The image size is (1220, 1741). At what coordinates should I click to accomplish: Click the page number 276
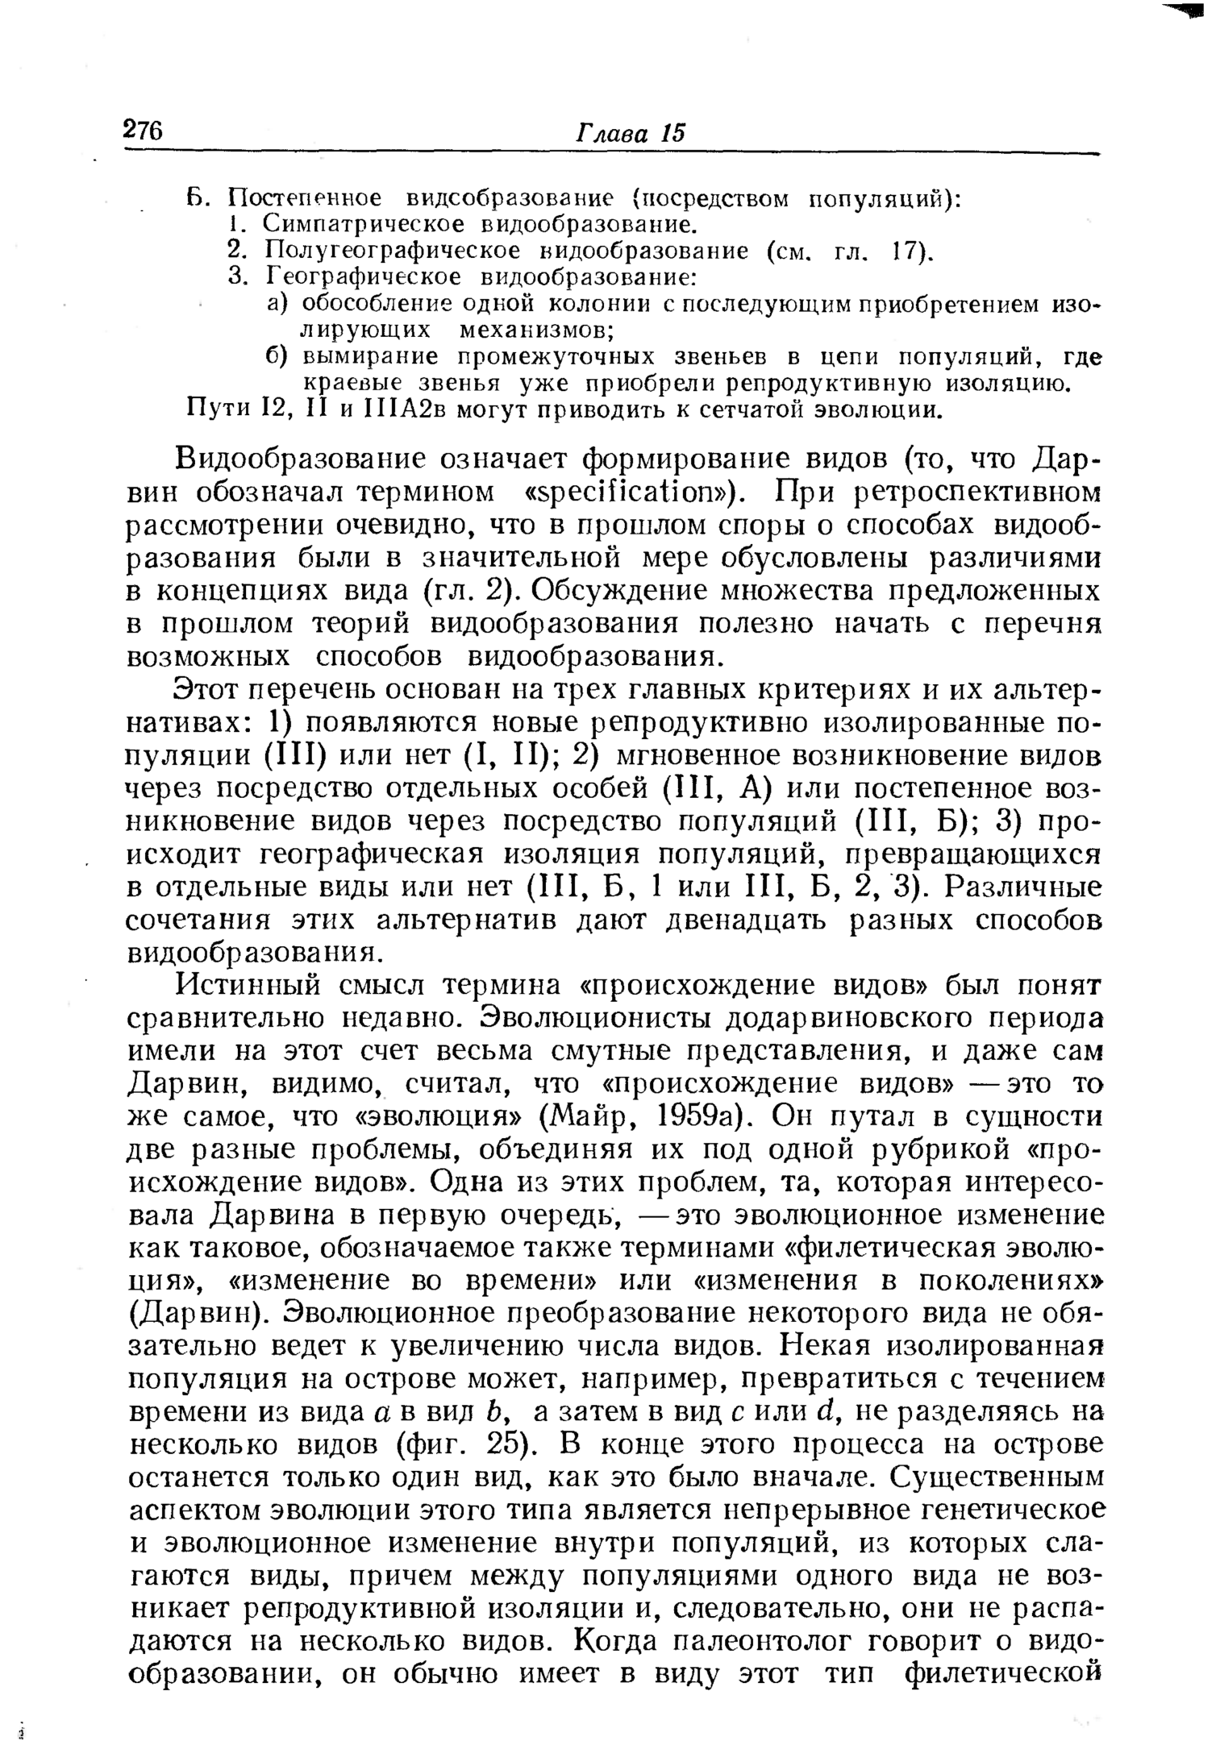tap(144, 130)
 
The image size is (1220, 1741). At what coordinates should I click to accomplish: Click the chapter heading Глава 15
tap(630, 132)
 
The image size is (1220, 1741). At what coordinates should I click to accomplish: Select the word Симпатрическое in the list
tap(363, 223)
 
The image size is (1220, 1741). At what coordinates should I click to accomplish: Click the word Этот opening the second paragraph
tap(208, 691)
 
